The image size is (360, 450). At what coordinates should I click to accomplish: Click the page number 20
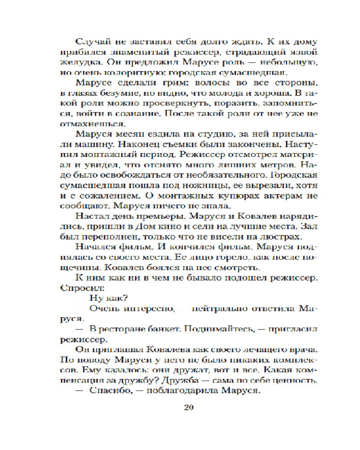[x=189, y=408]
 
